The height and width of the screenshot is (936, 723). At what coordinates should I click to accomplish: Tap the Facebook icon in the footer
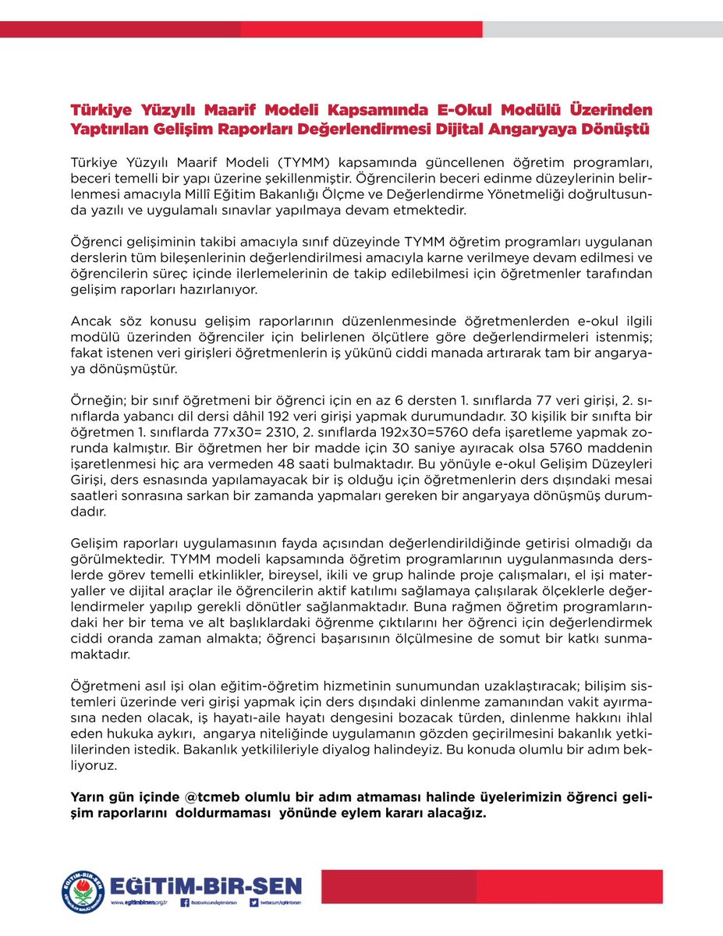pos(185,902)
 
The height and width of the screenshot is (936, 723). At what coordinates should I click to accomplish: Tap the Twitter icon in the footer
pos(254,902)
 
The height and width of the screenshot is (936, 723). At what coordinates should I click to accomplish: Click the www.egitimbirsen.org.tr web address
pos(141,903)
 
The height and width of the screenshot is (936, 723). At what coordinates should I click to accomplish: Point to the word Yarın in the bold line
pos(88,799)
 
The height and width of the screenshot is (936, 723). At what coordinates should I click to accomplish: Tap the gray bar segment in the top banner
pos(601,29)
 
